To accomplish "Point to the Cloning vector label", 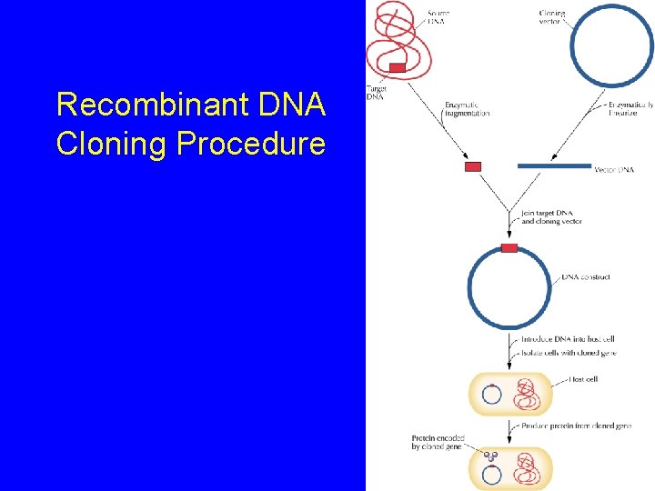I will (552, 16).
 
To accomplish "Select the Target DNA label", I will (375, 93).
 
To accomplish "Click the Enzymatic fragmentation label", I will (468, 109).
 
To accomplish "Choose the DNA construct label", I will (586, 277).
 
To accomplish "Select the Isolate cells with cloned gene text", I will (568, 352).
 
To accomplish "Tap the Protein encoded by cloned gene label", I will (438, 442).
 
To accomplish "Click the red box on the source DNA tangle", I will (398, 68).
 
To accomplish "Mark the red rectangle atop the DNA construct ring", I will (509, 248).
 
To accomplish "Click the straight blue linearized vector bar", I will (554, 166).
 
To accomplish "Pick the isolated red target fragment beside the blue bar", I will (473, 166).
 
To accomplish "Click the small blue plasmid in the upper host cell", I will (491, 396).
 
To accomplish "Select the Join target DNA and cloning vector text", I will (552, 217).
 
